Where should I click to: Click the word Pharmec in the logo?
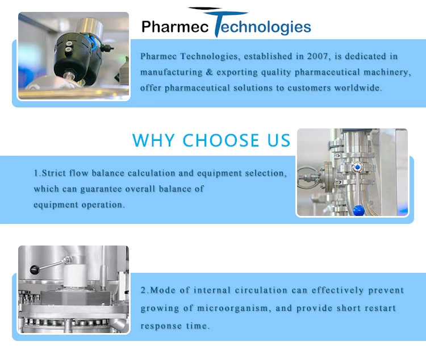[175, 27]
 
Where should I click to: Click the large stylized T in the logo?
[218, 22]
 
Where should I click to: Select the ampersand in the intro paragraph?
[209, 72]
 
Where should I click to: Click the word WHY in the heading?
[153, 140]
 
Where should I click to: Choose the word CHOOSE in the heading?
[221, 140]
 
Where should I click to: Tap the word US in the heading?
[279, 140]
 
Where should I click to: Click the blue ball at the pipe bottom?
[358, 211]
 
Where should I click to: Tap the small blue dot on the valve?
[357, 167]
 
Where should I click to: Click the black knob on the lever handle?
[35, 269]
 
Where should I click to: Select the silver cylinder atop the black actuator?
[89, 27]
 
